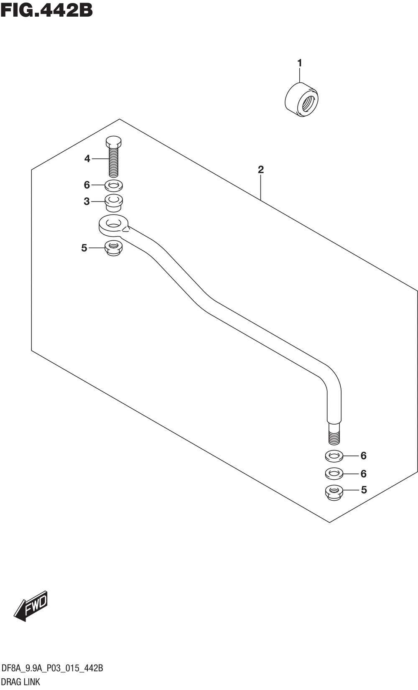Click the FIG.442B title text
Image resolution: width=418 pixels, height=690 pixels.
[46, 10]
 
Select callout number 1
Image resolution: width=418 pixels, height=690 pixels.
[299, 63]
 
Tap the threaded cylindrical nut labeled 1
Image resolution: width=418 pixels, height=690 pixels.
[301, 100]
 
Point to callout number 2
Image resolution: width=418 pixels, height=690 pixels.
[261, 170]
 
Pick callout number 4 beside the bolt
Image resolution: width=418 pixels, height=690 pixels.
[87, 159]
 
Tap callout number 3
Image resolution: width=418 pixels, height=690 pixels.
[87, 201]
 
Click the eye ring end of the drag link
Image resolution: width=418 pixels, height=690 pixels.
[113, 224]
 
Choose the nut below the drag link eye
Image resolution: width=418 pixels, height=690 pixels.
[113, 248]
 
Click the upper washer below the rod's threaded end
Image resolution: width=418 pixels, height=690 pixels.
[334, 456]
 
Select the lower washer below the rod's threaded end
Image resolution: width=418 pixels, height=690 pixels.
[334, 474]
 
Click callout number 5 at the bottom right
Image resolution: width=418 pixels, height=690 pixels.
[364, 490]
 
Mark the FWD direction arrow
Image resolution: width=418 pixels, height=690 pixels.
[31, 606]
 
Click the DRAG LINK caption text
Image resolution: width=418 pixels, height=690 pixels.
[21, 682]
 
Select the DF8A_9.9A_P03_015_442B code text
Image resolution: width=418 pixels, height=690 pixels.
[52, 668]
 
